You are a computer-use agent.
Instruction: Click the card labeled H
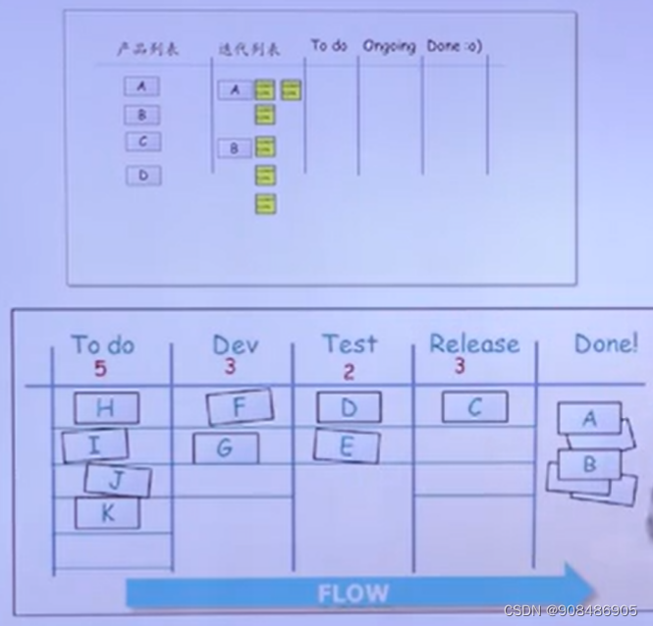tap(106, 408)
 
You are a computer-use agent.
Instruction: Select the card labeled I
tap(95, 445)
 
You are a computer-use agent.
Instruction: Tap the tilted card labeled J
tap(118, 480)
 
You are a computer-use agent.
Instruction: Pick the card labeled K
tap(106, 512)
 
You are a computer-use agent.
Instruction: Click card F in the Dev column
tap(240, 407)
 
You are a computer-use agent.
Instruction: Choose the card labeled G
tap(225, 448)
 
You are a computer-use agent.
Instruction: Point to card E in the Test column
tap(347, 445)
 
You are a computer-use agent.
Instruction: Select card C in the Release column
tap(474, 407)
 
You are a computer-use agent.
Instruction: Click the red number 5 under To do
tap(100, 370)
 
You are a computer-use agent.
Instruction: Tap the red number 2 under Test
tap(349, 372)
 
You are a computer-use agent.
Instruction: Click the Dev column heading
tap(236, 344)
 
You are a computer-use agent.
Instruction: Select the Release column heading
tap(474, 344)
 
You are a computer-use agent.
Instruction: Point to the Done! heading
tap(606, 344)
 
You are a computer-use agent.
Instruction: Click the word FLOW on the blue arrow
tap(353, 593)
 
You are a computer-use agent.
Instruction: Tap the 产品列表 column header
tap(143, 48)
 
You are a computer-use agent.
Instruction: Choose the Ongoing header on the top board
tap(389, 46)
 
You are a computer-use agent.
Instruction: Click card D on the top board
tap(143, 177)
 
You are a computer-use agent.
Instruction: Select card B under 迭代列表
tap(235, 148)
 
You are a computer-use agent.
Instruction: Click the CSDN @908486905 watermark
tap(571, 611)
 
